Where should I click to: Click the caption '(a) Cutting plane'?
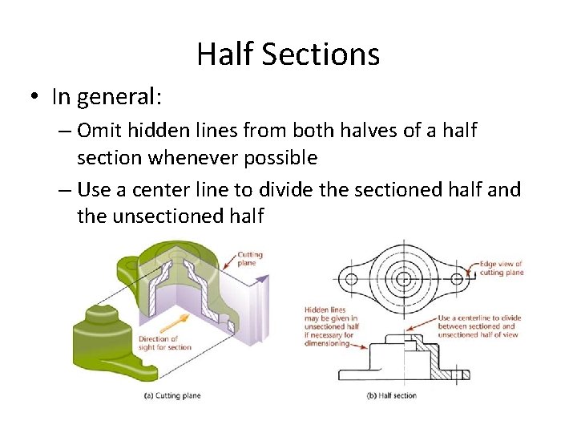171,395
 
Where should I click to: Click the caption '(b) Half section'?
391,395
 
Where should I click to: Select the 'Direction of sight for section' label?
163,342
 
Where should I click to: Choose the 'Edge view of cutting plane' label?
501,268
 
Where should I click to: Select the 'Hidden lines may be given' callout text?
330,326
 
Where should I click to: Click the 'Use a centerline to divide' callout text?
479,326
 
